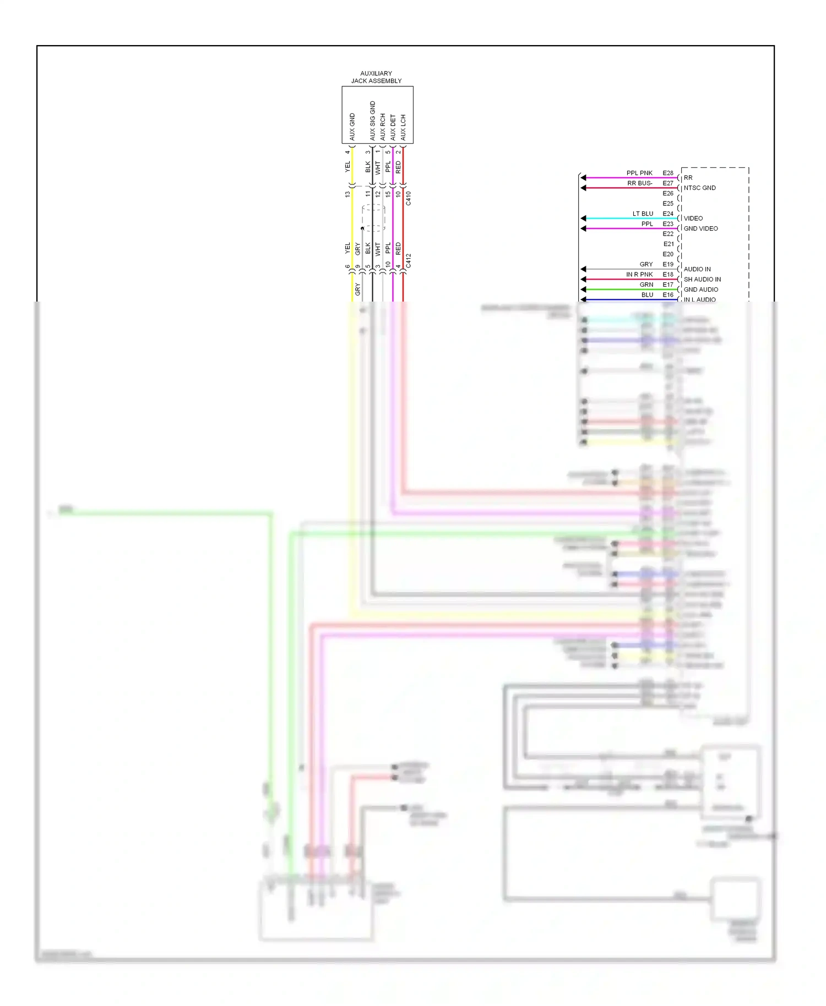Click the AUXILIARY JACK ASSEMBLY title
377,77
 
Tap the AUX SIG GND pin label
373,121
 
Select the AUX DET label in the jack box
393,127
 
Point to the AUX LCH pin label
403,127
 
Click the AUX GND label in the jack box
352,127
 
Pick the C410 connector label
409,199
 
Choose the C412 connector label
409,261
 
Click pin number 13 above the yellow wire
347,194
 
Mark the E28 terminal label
668,173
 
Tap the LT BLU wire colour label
643,214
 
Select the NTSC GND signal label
699,188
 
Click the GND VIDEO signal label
700,228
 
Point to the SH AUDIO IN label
702,279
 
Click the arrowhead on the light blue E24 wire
583,218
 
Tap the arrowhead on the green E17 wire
583,289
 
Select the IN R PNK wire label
639,274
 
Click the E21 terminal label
668,244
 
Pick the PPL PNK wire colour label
639,173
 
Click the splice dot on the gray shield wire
362,228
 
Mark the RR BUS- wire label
640,183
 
